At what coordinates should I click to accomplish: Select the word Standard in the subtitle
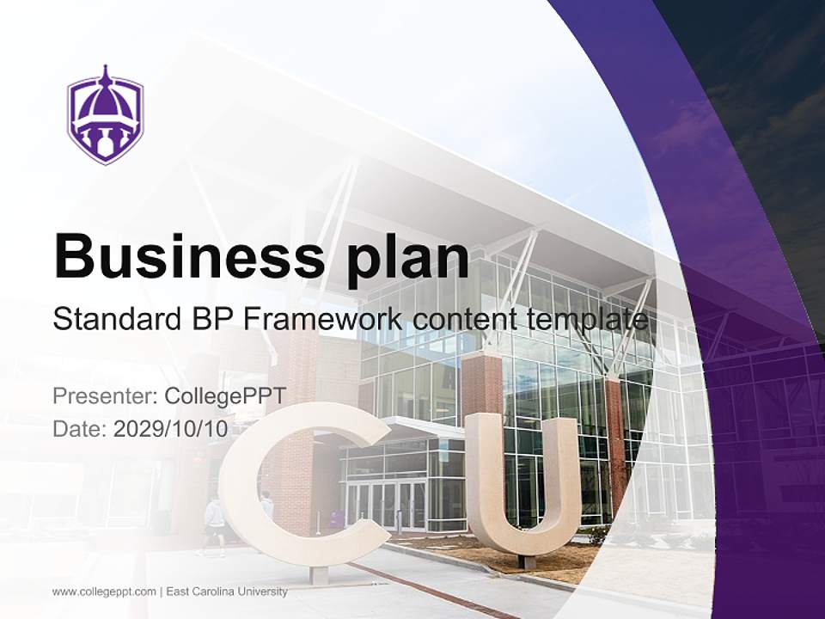(115, 319)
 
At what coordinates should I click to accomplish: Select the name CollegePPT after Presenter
(224, 396)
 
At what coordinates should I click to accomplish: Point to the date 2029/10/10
(171, 429)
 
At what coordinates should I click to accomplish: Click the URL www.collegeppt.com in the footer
(104, 591)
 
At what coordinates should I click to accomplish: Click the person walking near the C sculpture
(213, 524)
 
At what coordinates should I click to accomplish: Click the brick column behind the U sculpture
(481, 383)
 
